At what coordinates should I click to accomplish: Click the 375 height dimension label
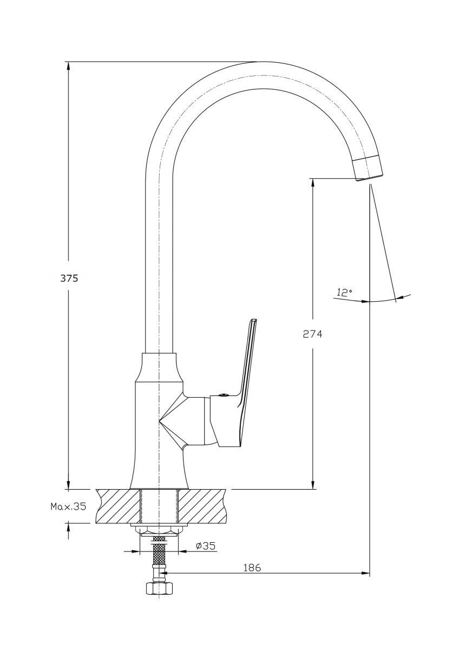point(69,278)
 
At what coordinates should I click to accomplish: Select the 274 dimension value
point(312,334)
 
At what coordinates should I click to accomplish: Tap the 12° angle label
point(344,292)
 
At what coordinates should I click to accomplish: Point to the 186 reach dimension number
point(252,568)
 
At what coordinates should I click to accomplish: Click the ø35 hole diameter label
point(206,546)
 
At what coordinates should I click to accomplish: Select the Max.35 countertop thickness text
point(69,507)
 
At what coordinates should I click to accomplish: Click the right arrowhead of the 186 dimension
point(365,573)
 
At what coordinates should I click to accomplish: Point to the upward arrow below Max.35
point(68,528)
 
